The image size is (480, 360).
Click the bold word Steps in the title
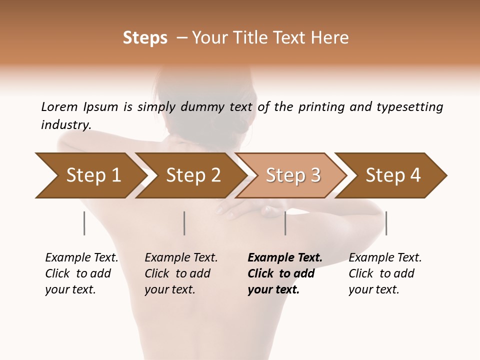145,38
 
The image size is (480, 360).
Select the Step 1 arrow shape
90,175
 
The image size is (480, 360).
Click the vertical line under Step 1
84,223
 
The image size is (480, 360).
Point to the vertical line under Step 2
184,223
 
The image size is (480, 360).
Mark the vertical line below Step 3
285,223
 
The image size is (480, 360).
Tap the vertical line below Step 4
386,223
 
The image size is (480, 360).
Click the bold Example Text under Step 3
285,258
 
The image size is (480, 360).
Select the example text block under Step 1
81,273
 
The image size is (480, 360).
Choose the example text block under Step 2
181,273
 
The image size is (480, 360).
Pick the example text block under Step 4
385,273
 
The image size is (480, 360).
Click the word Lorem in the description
59,106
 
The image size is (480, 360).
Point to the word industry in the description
66,125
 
